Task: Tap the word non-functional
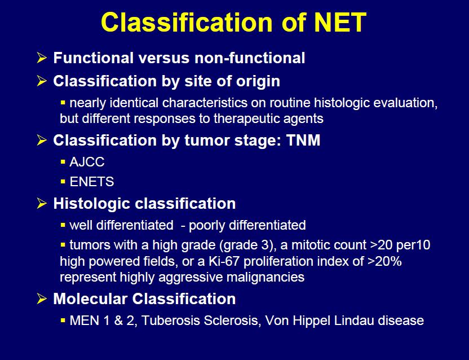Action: click(x=250, y=58)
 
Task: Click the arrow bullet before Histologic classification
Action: click(x=42, y=204)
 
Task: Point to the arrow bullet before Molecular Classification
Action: click(x=42, y=299)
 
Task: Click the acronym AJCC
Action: click(x=87, y=162)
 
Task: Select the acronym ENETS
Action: click(x=92, y=182)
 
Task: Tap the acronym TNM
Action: click(x=303, y=140)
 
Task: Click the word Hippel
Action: click(x=311, y=321)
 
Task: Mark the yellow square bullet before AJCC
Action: click(x=63, y=162)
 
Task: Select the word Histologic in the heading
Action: click(x=92, y=204)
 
